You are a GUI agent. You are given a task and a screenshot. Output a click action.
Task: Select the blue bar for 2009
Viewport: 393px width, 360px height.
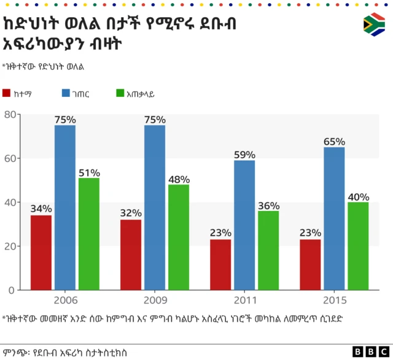(155, 207)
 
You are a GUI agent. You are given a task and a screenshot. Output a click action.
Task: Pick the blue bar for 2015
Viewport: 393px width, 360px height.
(334, 218)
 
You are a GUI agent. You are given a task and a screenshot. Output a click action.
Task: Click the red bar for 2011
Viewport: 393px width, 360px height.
(220, 264)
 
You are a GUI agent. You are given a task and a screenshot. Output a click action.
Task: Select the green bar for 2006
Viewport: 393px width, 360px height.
(88, 234)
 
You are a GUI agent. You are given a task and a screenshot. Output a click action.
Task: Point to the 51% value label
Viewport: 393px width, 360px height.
(88, 172)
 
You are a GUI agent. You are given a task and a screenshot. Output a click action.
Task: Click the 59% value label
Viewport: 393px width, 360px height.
(244, 154)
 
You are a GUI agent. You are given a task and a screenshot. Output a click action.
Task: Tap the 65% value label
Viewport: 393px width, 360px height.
(334, 142)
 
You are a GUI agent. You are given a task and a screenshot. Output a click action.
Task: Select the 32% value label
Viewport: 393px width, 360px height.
(131, 213)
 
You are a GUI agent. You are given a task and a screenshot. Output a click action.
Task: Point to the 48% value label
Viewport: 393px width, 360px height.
(178, 178)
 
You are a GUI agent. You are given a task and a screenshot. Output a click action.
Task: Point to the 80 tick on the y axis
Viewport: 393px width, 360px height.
(10, 115)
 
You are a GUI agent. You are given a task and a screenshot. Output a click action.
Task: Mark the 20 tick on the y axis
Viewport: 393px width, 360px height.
(10, 246)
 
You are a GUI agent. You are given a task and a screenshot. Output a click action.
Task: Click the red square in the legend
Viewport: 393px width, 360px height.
(7, 93)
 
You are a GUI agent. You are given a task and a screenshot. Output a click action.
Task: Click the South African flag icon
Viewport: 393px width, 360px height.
(373, 25)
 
